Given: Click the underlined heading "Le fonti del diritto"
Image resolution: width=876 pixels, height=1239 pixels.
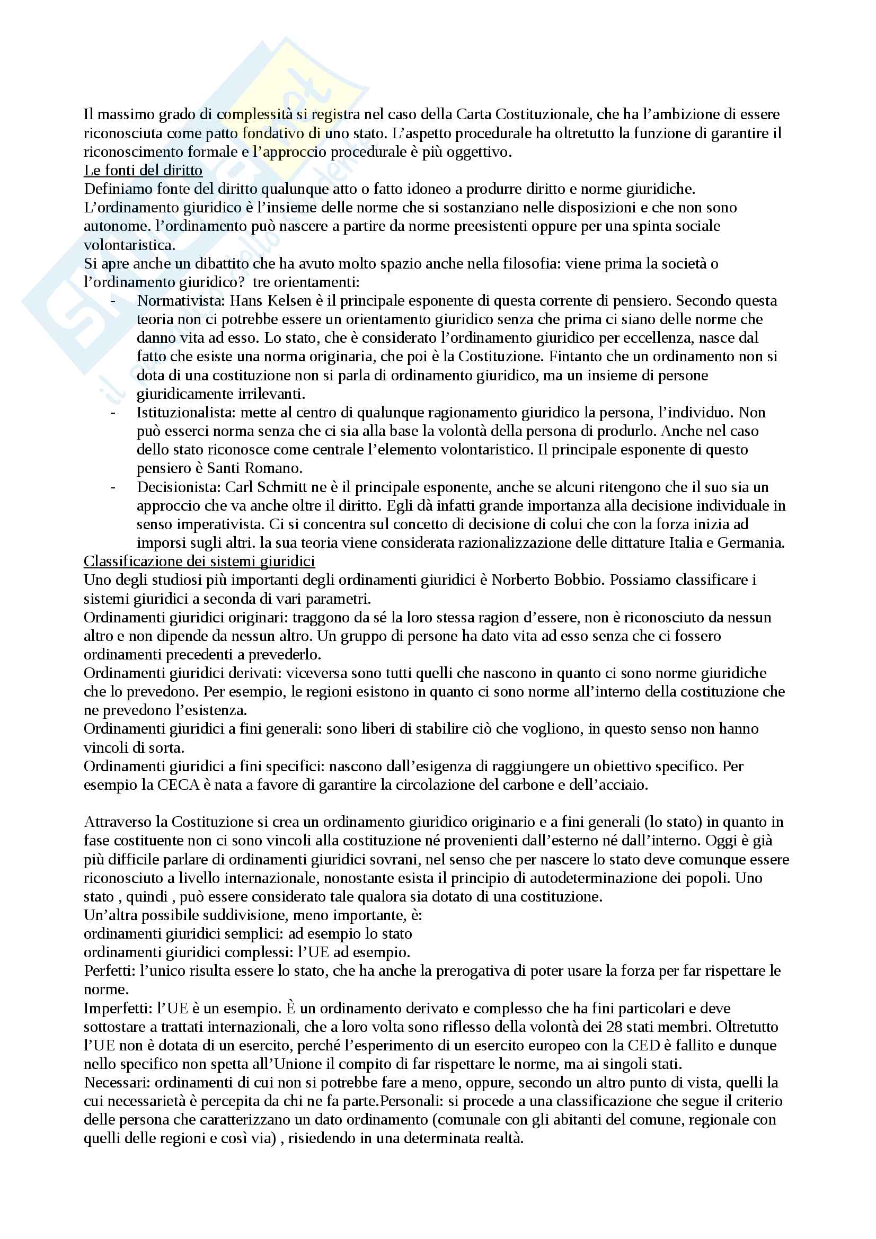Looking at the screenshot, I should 143,171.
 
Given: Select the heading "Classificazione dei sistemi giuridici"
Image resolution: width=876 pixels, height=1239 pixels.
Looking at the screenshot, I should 199,561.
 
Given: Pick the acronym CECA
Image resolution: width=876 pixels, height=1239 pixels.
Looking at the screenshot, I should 178,785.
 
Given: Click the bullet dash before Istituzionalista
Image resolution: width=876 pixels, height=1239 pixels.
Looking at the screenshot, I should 113,412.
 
